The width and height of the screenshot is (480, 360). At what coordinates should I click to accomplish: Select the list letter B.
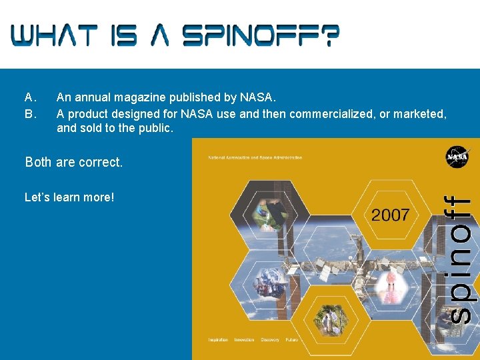pyautogui.click(x=29, y=114)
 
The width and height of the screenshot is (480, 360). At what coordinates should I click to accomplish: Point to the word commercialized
pyautogui.click(x=332, y=114)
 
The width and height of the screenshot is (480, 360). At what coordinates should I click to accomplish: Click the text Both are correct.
pyautogui.click(x=74, y=162)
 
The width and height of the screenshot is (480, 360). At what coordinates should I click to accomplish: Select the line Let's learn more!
pyautogui.click(x=69, y=197)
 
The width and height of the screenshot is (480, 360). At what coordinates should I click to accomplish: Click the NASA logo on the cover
pyautogui.click(x=458, y=157)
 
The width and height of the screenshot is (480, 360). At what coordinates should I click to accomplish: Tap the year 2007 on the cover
pyautogui.click(x=391, y=215)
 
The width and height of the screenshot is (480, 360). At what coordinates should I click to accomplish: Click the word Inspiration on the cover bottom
pyautogui.click(x=218, y=340)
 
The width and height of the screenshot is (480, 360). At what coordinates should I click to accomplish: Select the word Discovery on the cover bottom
pyautogui.click(x=270, y=340)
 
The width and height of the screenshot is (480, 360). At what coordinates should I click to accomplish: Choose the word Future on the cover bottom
pyautogui.click(x=292, y=340)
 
